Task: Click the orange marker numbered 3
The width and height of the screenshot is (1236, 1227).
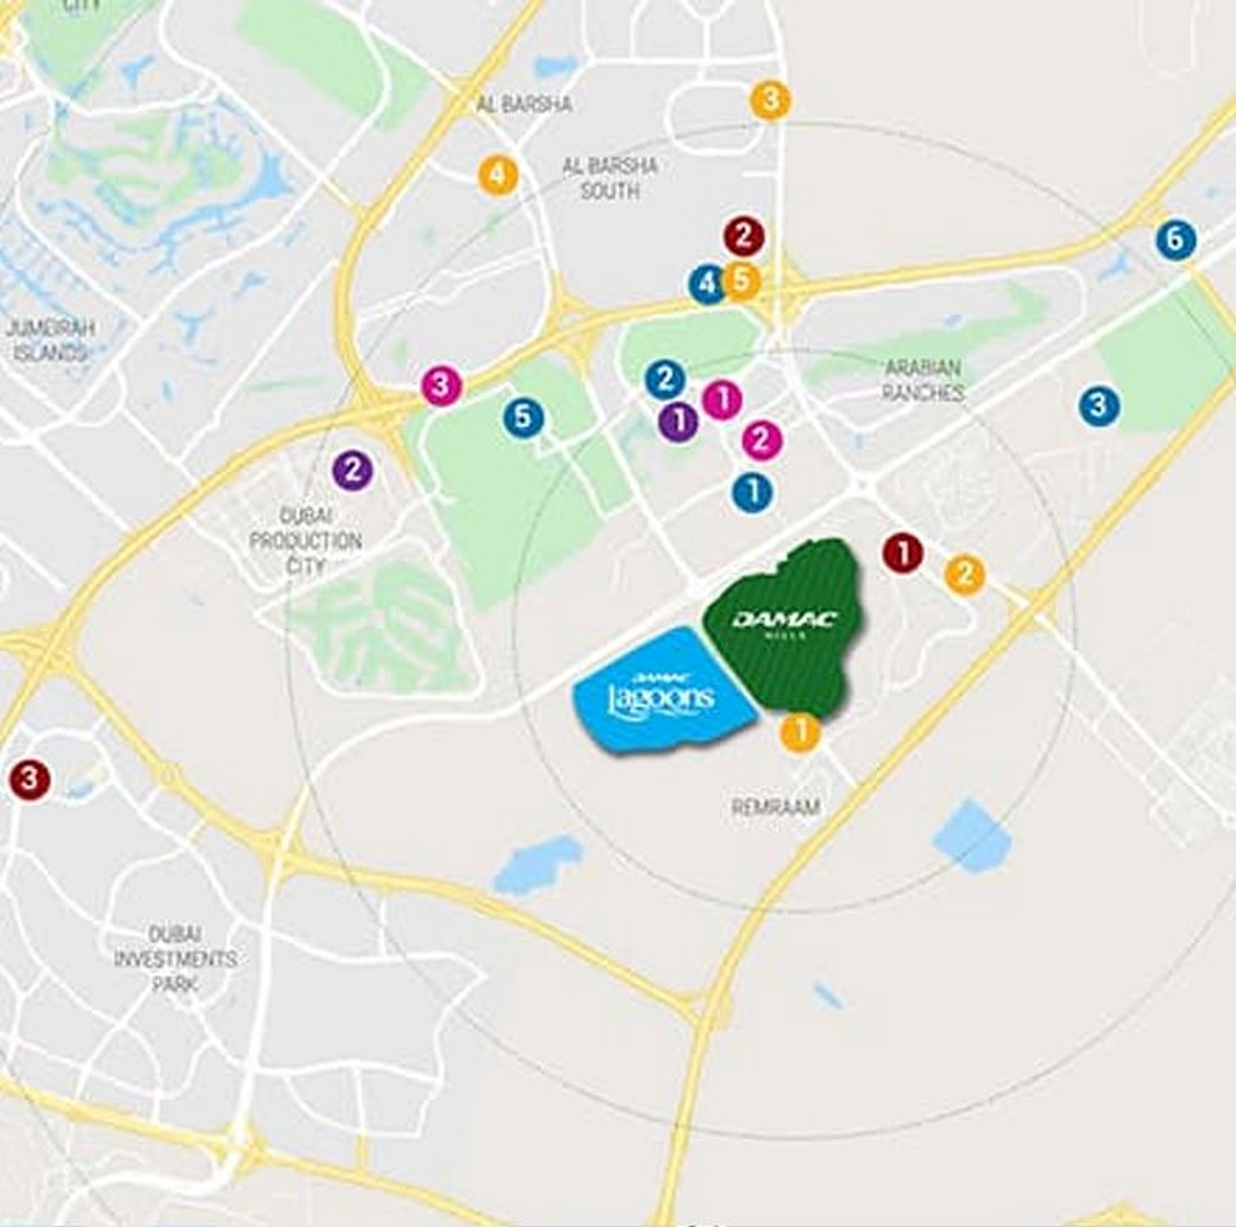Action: [x=770, y=100]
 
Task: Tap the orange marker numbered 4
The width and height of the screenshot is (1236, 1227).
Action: [x=498, y=175]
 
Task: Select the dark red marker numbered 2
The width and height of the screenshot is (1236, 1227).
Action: [x=743, y=236]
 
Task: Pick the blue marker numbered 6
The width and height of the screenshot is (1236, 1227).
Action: [x=1176, y=239]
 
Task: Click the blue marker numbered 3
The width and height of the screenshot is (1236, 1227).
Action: [x=1098, y=406]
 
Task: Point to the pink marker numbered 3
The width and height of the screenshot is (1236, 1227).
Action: [x=441, y=386]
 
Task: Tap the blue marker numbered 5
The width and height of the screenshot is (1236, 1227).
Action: [x=523, y=417]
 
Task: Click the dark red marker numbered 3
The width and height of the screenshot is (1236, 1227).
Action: [x=29, y=779]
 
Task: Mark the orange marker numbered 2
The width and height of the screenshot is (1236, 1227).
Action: [x=964, y=574]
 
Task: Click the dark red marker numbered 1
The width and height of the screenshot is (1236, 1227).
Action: [x=903, y=554]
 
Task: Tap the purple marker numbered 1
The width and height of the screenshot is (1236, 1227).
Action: [x=679, y=420]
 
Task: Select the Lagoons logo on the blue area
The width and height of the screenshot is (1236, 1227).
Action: [x=662, y=693]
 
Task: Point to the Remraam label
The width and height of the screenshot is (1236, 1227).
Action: [x=775, y=807]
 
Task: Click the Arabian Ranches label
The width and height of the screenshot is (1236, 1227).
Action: [x=923, y=379]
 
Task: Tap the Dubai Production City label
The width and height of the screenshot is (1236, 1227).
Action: [x=305, y=540]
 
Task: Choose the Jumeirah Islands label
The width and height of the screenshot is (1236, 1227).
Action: [x=50, y=340]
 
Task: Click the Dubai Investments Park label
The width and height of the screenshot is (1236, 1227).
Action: [x=175, y=959]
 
